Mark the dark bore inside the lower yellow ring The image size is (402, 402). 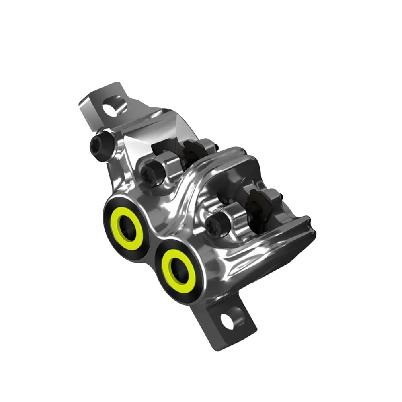178,267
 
